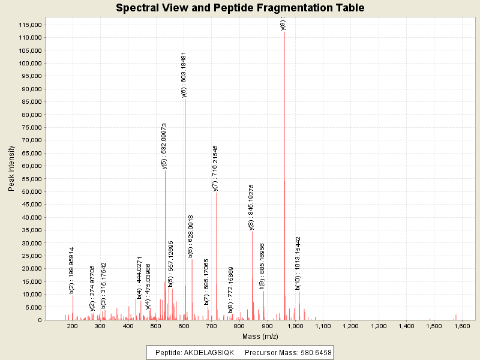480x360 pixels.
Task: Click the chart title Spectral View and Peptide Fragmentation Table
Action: (x=240, y=8)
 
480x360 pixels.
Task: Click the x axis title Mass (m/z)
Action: (x=260, y=337)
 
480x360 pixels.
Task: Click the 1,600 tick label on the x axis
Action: (x=462, y=326)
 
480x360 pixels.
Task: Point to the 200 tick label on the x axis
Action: (x=73, y=326)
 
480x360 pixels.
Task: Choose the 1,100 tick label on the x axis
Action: (x=323, y=326)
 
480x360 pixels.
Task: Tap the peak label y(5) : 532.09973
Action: (x=164, y=146)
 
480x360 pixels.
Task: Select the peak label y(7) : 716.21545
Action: (x=215, y=168)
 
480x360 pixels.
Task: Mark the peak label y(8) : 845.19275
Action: (x=252, y=207)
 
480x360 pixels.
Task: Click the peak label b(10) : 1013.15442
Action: (x=298, y=263)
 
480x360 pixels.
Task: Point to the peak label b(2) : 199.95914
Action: (x=72, y=270)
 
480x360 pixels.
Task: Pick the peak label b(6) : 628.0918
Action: (x=191, y=236)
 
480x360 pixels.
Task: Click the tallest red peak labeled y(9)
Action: (x=284, y=180)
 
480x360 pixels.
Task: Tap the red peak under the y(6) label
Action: (x=185, y=210)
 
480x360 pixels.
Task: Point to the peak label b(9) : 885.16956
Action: (x=262, y=266)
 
